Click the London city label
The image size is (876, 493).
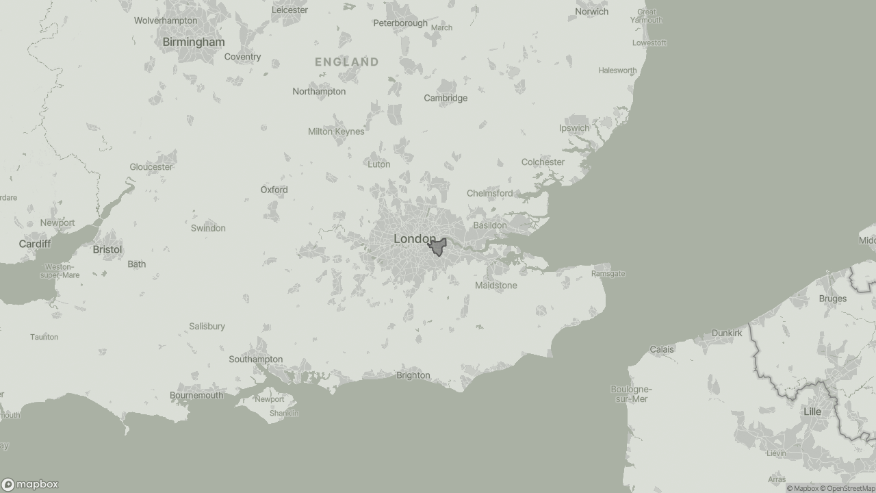click(x=414, y=239)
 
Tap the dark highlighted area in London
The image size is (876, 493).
click(x=438, y=248)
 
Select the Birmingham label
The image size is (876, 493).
click(x=194, y=42)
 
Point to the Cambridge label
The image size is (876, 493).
click(x=446, y=98)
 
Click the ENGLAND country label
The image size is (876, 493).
click(x=347, y=62)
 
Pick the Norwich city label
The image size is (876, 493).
click(x=592, y=12)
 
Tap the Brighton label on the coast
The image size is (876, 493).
click(x=413, y=375)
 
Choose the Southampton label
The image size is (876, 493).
click(x=256, y=359)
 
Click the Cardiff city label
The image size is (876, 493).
click(x=35, y=244)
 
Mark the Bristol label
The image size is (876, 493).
click(x=107, y=250)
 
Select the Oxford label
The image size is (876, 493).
click(x=274, y=190)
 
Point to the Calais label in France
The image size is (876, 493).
click(x=662, y=349)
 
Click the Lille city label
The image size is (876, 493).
click(x=812, y=412)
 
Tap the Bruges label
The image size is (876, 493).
click(x=833, y=299)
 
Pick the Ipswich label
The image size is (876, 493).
click(x=574, y=128)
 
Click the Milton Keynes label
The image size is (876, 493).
click(x=336, y=131)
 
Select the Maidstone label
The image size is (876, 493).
click(x=496, y=286)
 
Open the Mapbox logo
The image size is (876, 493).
click(x=30, y=485)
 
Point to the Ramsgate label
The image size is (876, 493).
click(x=608, y=274)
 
